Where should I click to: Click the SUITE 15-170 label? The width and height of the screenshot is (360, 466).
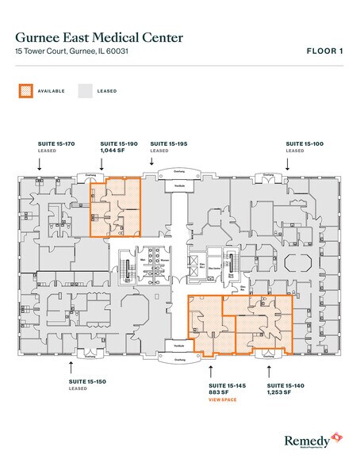click(56, 143)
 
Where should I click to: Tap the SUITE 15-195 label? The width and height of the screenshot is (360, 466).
click(168, 143)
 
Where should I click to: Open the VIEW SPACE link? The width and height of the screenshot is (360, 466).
click(223, 400)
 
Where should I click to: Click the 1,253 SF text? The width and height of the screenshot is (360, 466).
click(278, 392)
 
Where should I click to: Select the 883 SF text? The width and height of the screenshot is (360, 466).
click(217, 392)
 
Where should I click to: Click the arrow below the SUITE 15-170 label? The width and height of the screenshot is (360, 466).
click(40, 164)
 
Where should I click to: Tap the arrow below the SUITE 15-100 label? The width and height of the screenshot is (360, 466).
click(288, 164)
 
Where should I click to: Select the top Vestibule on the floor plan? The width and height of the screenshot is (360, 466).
click(179, 185)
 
